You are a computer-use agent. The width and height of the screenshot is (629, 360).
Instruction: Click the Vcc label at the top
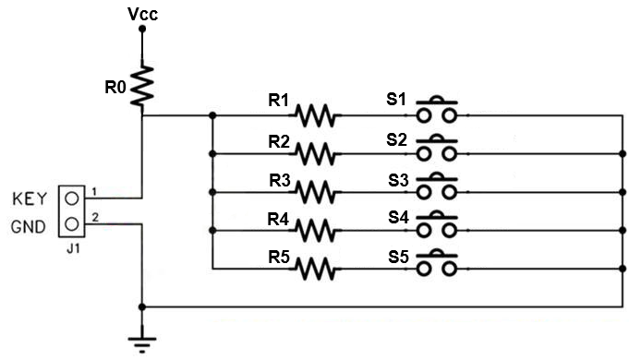(x=142, y=14)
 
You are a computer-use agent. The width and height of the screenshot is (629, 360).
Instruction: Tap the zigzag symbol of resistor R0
(x=142, y=86)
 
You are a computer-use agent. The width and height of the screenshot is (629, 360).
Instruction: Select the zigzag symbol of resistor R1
(x=315, y=115)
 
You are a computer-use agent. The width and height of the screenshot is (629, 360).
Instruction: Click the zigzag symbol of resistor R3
(x=315, y=192)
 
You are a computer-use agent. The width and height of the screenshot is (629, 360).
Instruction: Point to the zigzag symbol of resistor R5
(x=315, y=269)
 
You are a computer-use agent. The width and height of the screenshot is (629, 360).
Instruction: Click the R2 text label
(x=279, y=141)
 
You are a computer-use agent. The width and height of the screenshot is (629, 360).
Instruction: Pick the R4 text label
(x=278, y=220)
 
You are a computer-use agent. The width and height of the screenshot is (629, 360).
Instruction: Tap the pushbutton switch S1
(x=437, y=109)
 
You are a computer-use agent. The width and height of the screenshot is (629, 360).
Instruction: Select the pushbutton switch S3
(x=437, y=186)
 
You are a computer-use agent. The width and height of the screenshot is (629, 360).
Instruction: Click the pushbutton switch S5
(x=437, y=262)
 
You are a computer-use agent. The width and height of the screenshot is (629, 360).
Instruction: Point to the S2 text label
(x=397, y=140)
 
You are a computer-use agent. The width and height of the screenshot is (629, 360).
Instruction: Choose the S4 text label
(x=398, y=217)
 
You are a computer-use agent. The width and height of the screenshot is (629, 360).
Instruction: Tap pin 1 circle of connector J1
(x=72, y=198)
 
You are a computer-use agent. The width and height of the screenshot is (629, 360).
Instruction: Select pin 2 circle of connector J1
(x=72, y=223)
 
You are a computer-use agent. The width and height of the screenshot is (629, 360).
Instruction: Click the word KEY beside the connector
(x=30, y=198)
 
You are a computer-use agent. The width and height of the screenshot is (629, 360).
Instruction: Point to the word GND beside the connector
(x=28, y=227)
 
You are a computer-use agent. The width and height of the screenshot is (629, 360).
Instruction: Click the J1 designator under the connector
(x=73, y=249)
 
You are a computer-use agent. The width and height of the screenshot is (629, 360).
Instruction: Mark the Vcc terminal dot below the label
(x=142, y=29)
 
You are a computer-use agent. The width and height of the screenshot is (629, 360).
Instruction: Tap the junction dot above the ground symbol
(x=141, y=307)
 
